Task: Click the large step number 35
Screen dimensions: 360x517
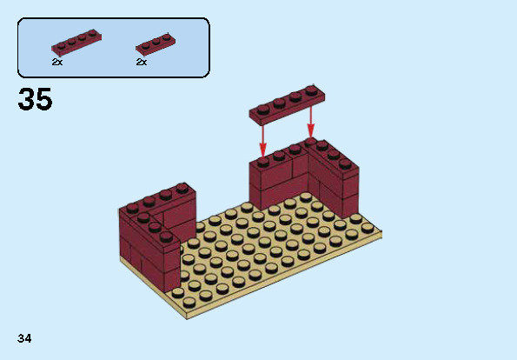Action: point(35,100)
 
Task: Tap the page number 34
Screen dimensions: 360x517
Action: point(24,337)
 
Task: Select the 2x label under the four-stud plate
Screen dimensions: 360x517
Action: point(56,63)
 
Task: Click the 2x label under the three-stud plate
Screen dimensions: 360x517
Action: point(141,63)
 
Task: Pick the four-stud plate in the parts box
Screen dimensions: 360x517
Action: point(74,43)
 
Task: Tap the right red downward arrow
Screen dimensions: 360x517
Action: point(310,122)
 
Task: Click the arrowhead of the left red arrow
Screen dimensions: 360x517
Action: point(262,151)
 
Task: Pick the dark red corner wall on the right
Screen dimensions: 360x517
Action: point(304,178)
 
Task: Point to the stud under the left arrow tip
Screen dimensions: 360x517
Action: point(262,160)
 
